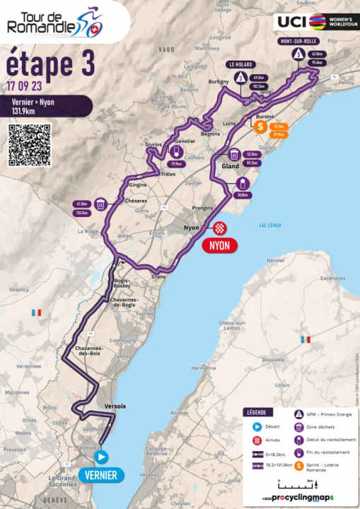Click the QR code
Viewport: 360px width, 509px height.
(29, 145)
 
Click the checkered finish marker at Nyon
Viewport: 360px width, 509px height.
(220, 228)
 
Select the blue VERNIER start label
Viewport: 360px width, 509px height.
(98, 475)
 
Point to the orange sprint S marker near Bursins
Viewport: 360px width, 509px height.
(260, 127)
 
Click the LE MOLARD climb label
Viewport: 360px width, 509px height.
(240, 64)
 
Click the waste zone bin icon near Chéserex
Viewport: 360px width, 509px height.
(102, 205)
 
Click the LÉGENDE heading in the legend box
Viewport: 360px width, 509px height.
(255, 412)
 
